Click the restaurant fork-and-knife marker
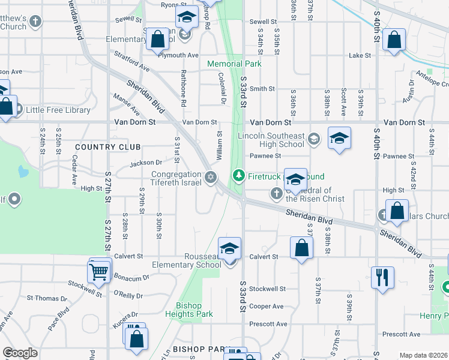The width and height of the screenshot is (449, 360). (382, 278)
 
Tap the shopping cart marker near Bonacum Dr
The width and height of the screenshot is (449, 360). (99, 271)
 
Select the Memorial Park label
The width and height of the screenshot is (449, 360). (234, 64)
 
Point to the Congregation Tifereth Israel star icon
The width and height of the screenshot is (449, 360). (210, 176)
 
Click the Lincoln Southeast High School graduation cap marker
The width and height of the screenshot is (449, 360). (339, 139)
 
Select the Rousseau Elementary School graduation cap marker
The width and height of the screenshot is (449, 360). (229, 249)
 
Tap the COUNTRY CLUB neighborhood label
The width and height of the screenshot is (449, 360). (108, 147)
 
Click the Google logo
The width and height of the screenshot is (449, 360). (20, 353)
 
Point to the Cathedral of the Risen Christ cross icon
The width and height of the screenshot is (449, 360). (276, 193)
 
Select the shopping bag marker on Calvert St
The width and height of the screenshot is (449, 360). (301, 248)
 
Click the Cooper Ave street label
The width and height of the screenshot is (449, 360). (266, 307)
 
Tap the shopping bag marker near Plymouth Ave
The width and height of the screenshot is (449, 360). (157, 40)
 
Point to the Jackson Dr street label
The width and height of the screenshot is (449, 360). (146, 163)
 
